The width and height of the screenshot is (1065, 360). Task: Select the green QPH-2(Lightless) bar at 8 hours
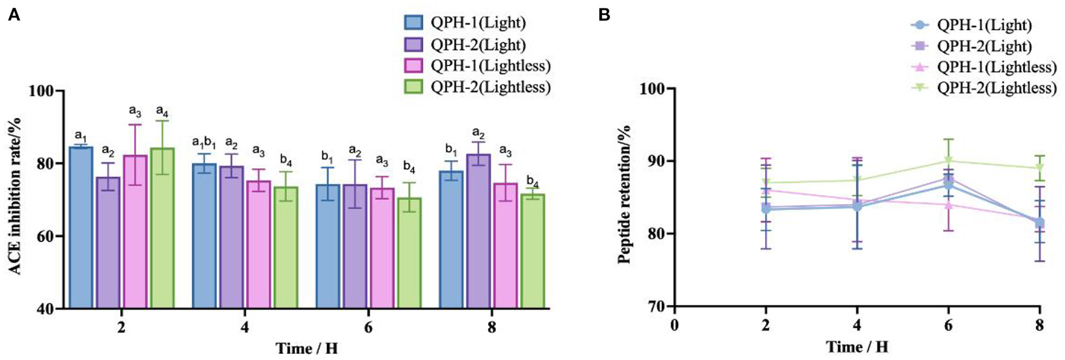tap(532, 251)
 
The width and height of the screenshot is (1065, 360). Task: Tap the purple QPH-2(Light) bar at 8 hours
tap(478, 231)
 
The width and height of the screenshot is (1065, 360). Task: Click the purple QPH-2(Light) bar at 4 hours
tap(231, 237)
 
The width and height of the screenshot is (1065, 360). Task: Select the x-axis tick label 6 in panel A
tap(368, 327)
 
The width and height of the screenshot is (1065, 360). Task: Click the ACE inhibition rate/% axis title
tap(16, 196)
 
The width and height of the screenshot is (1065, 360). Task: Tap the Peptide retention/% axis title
tap(624, 194)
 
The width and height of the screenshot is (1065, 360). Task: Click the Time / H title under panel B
tap(857, 347)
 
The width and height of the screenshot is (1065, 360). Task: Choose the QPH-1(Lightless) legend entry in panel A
tap(490, 66)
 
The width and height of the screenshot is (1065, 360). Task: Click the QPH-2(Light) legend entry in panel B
tap(984, 46)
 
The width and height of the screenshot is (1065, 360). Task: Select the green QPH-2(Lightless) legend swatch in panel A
tap(414, 87)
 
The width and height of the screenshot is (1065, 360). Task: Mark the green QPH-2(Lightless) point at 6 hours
tap(948, 160)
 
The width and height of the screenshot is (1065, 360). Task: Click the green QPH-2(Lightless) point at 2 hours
tap(766, 182)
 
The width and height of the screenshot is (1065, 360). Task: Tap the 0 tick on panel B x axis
tap(674, 326)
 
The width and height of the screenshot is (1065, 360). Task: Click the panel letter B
tap(604, 15)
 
